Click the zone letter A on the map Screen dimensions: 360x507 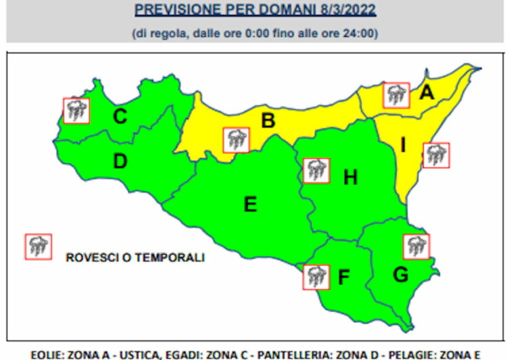tap(427, 93)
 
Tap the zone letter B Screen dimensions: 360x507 tap(268, 121)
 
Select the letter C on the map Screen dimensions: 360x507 tap(120, 117)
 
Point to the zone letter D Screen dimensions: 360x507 tap(120, 162)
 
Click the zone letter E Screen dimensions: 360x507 tap(250, 203)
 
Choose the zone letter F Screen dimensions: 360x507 tap(344, 277)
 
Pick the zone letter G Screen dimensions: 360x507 tap(401, 274)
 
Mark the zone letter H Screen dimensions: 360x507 tap(350, 178)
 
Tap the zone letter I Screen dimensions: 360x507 tap(404, 145)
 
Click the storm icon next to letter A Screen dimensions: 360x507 tap(396, 95)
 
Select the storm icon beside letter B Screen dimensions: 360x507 tap(236, 139)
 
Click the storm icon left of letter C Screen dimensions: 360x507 tap(76, 110)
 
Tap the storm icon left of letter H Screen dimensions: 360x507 tap(315, 170)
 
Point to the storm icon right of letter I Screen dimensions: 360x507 tap(436, 155)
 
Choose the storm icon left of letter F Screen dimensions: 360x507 tap(315, 276)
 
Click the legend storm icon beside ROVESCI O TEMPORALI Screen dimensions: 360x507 tap(38, 247)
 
